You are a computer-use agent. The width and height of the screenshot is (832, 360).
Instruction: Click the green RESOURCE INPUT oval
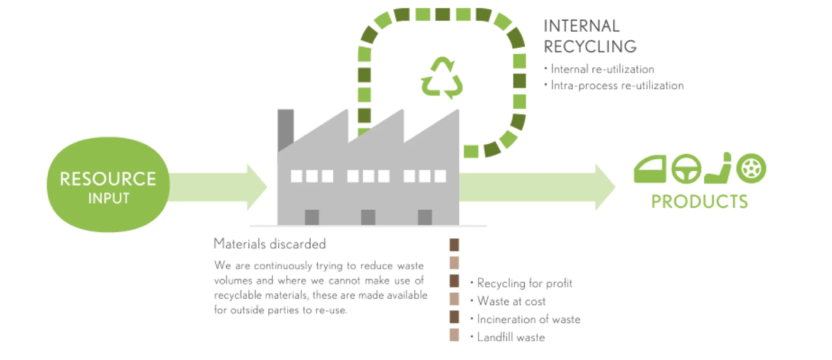click(108, 185)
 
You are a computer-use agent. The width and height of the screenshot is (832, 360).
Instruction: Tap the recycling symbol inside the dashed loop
click(442, 78)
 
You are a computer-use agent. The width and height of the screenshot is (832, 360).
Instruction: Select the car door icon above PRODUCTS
click(650, 169)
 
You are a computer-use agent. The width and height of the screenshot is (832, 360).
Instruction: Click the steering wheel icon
click(686, 169)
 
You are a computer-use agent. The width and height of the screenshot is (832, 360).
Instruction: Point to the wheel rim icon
click(751, 168)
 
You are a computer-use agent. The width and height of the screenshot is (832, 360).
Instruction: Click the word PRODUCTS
click(699, 202)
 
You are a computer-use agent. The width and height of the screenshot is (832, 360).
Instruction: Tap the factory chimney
click(285, 128)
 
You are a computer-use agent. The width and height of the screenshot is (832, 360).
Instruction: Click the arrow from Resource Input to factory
click(217, 187)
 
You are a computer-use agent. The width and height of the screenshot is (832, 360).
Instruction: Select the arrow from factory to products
click(537, 187)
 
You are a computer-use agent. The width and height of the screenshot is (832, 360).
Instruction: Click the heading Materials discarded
click(270, 244)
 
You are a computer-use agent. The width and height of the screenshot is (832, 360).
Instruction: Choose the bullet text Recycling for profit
click(524, 283)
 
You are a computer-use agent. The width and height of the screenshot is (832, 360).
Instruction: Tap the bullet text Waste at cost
click(511, 301)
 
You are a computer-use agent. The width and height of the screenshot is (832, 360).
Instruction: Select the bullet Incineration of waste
click(528, 319)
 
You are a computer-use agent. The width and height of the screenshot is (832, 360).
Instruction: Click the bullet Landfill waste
click(511, 337)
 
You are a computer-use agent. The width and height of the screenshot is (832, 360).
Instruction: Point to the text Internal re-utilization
click(602, 69)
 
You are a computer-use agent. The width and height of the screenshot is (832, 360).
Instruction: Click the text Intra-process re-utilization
click(617, 86)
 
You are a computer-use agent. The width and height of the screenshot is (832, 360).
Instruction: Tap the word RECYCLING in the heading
click(590, 47)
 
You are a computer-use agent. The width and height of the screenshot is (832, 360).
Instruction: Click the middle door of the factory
click(368, 217)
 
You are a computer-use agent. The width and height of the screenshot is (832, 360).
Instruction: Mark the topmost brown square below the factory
click(454, 245)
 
